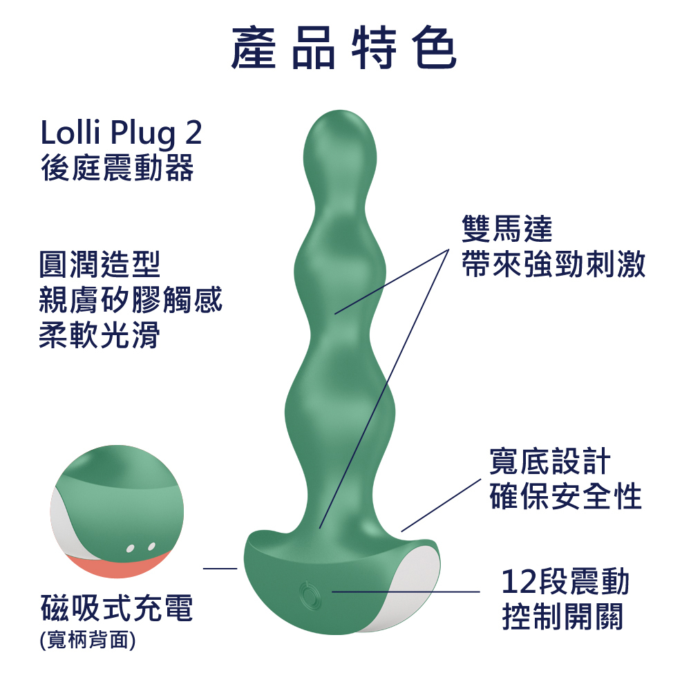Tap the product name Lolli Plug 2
pos(122,133)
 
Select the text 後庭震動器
pos(117,168)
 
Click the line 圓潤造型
pos(100,264)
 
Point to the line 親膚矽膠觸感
pos(131,301)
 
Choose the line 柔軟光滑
pos(100,337)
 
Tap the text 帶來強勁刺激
pos(553,265)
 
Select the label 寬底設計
pos(549,461)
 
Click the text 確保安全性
pos(565,496)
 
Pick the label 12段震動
pos(565,582)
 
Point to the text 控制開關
pos(563,616)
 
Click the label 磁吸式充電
pos(117,609)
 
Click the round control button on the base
pos(307,592)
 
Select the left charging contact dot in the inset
pos(131,549)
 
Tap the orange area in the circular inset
pos(117,568)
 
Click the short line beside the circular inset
pos(220,569)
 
